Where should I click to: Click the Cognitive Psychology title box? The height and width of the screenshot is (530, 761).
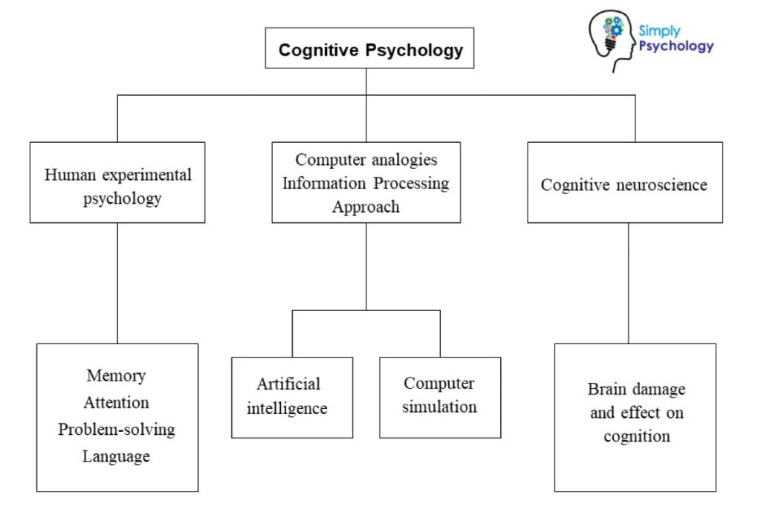pos(369,49)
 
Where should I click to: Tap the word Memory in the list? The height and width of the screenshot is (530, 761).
pos(116,375)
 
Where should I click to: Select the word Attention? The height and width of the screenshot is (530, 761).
pos(116,402)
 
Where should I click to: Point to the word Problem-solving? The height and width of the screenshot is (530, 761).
pos(117,430)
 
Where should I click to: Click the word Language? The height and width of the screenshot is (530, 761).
pos(116,456)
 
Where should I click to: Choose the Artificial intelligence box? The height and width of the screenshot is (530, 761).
pos(291,397)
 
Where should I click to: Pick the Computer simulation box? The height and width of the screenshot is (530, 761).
pos(439,396)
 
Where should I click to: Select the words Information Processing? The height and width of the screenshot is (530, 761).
pos(366,183)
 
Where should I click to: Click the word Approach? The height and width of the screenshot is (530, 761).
pos(366,207)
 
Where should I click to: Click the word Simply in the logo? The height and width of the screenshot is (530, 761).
pos(658,31)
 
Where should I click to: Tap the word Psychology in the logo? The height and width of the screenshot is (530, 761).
pos(676,46)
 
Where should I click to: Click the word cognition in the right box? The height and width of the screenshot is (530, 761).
pos(636,436)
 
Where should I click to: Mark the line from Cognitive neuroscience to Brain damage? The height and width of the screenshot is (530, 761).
pos(629,282)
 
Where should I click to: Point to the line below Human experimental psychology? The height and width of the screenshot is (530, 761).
pos(117,282)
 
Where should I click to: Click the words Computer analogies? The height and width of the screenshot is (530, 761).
pos(366,159)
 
